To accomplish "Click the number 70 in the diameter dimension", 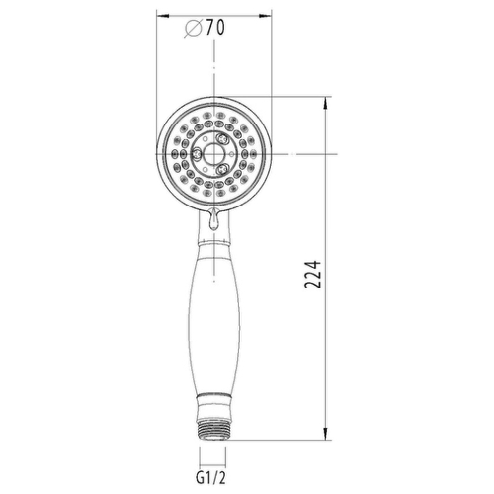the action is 215,27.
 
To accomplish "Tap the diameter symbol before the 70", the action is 193,28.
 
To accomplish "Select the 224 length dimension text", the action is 312,275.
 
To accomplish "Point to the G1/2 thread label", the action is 211,478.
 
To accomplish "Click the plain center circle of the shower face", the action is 214,154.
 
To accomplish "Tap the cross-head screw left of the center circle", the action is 197,154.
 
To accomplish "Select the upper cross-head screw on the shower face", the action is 222,139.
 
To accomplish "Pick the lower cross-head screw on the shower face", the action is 222,169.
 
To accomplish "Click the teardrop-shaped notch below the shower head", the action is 214,219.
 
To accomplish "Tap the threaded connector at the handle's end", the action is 212,430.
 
